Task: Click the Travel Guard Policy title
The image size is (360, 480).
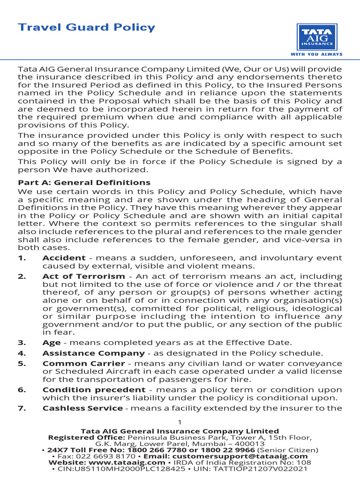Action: click(86, 27)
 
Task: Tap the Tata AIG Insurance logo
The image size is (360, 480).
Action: click(316, 37)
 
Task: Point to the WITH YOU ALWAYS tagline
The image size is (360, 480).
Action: click(316, 54)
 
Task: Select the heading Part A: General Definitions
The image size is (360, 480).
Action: click(84, 182)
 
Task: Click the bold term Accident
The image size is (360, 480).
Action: click(64, 258)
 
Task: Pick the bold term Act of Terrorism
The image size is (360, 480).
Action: click(83, 277)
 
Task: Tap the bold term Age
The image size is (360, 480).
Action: click(51, 343)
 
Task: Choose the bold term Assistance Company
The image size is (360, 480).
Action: click(93, 353)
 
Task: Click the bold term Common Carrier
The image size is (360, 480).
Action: click(83, 363)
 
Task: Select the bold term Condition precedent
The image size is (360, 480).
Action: click(94, 390)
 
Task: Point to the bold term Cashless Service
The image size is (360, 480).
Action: click(82, 408)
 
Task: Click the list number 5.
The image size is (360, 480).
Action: click(22, 363)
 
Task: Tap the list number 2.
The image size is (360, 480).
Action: click(22, 277)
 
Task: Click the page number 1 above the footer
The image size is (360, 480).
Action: click(180, 421)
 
